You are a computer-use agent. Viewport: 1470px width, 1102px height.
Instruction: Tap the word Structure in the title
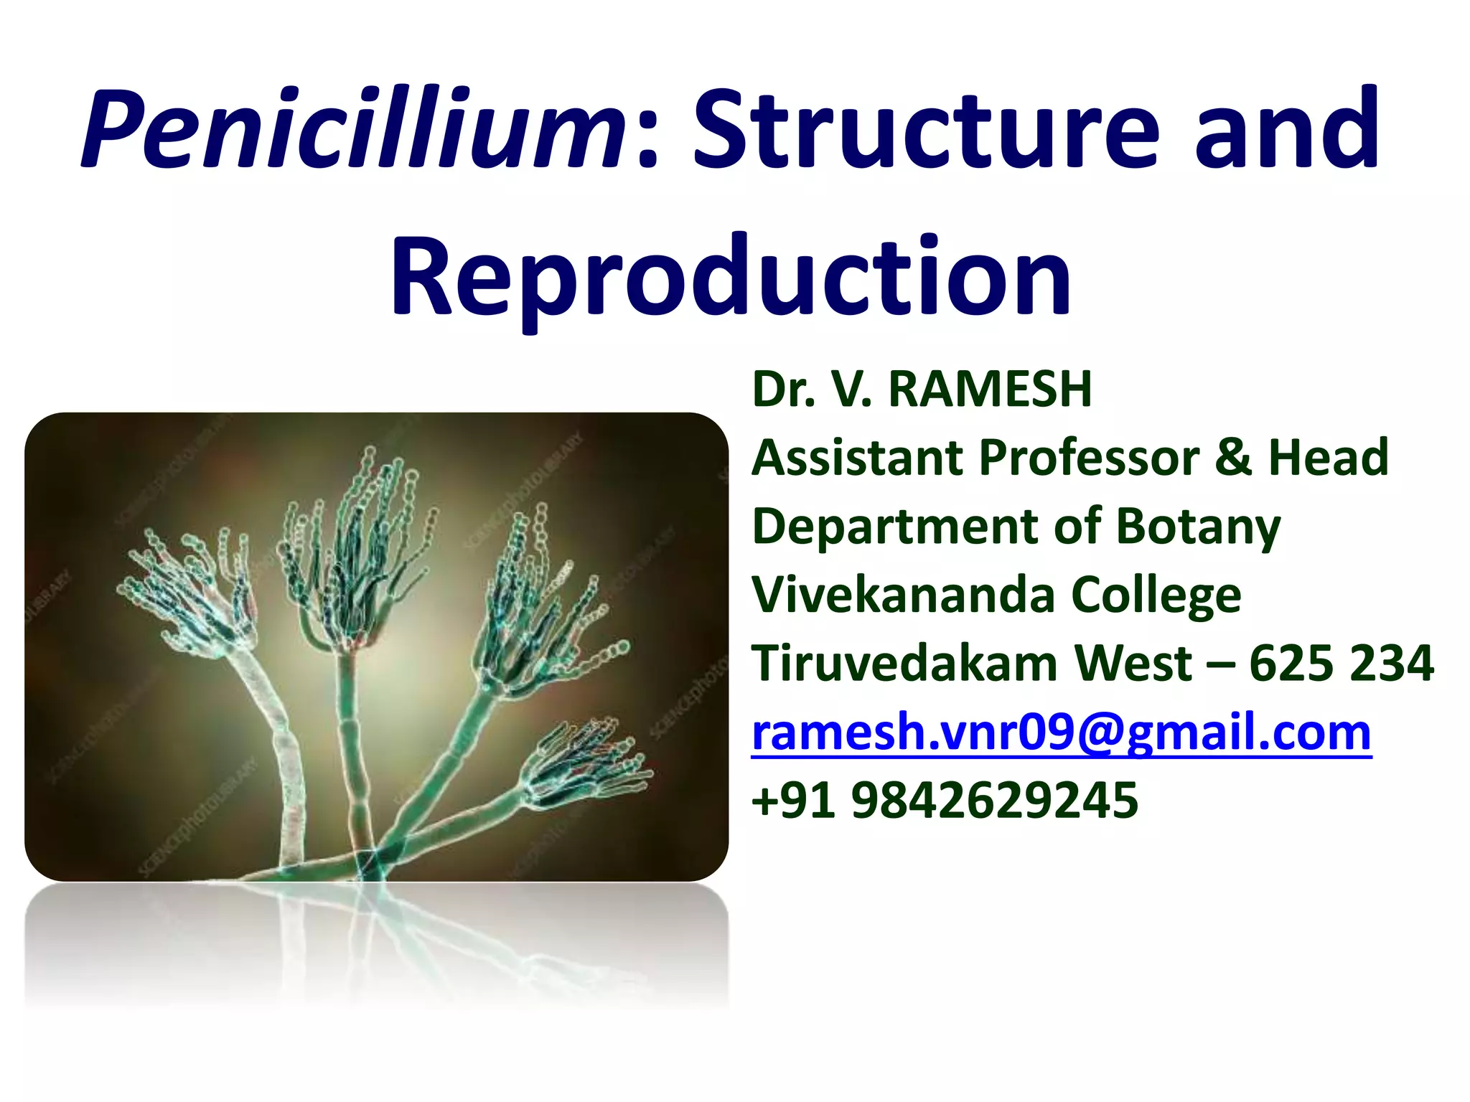[926, 129]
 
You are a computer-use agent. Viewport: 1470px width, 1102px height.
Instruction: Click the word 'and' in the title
[1286, 129]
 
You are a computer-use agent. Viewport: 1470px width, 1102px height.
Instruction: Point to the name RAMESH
[990, 389]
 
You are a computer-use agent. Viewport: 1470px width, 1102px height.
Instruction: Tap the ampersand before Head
[1233, 457]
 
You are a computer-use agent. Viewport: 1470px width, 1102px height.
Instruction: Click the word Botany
[1198, 527]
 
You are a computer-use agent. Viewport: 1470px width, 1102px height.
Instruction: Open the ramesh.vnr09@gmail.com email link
[1061, 732]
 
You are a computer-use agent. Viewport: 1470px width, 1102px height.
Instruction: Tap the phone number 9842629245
[994, 800]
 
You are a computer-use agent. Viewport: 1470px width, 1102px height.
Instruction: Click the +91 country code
[793, 800]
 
